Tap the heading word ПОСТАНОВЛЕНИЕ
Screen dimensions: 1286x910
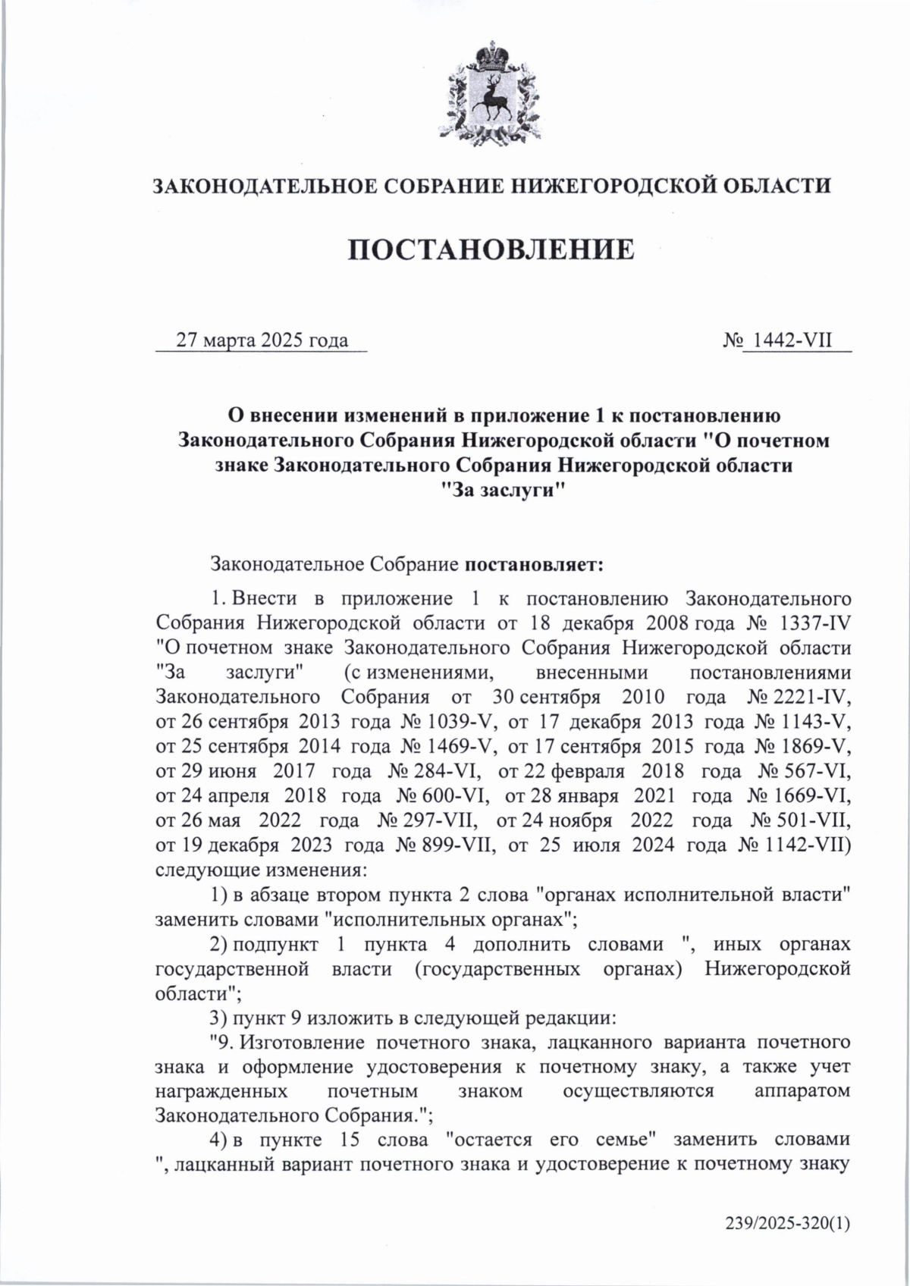point(491,249)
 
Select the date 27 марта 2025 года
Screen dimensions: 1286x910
point(262,340)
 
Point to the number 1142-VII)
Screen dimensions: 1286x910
point(808,845)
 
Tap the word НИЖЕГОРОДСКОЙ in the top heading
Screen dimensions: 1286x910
point(604,186)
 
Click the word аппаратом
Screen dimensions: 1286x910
point(802,1091)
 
